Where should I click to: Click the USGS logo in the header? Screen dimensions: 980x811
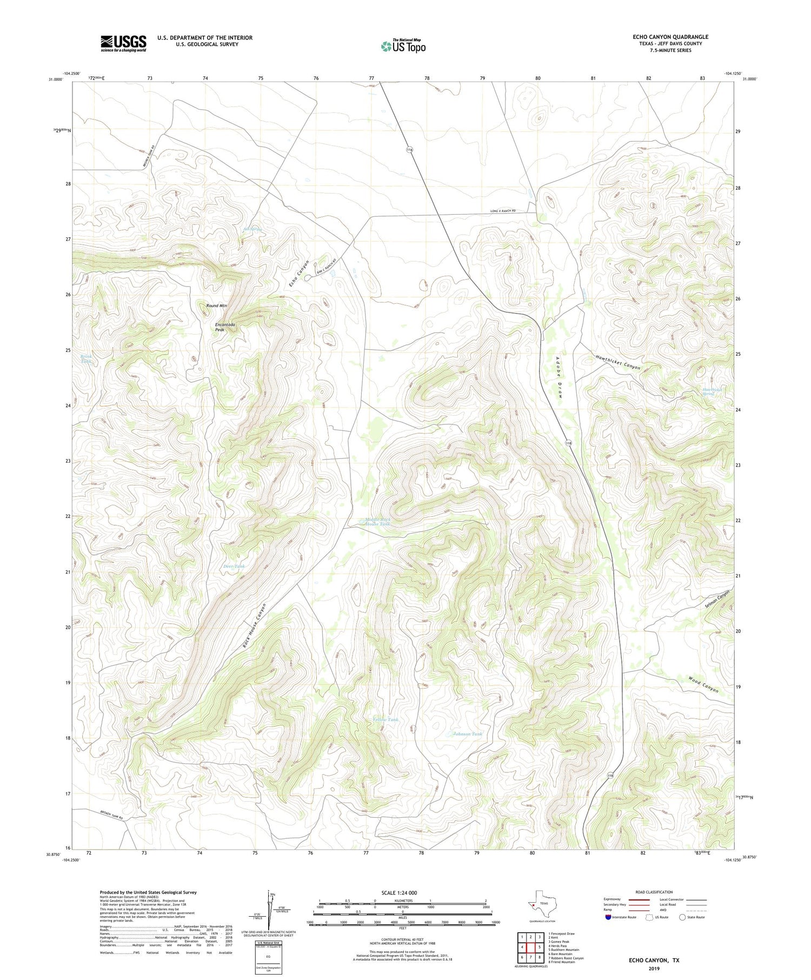(123, 43)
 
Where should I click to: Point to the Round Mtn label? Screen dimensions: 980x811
(216, 306)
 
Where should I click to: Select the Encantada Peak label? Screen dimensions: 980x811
(225, 326)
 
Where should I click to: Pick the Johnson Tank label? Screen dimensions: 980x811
(467, 734)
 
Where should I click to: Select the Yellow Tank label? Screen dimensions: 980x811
(386, 719)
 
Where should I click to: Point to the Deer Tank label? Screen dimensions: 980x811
(234, 566)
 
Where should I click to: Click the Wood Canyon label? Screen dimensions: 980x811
(703, 684)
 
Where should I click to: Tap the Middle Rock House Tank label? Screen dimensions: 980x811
(377, 522)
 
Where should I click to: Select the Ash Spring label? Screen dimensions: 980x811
(252, 229)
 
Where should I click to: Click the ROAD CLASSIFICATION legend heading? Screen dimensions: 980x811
(654, 892)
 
